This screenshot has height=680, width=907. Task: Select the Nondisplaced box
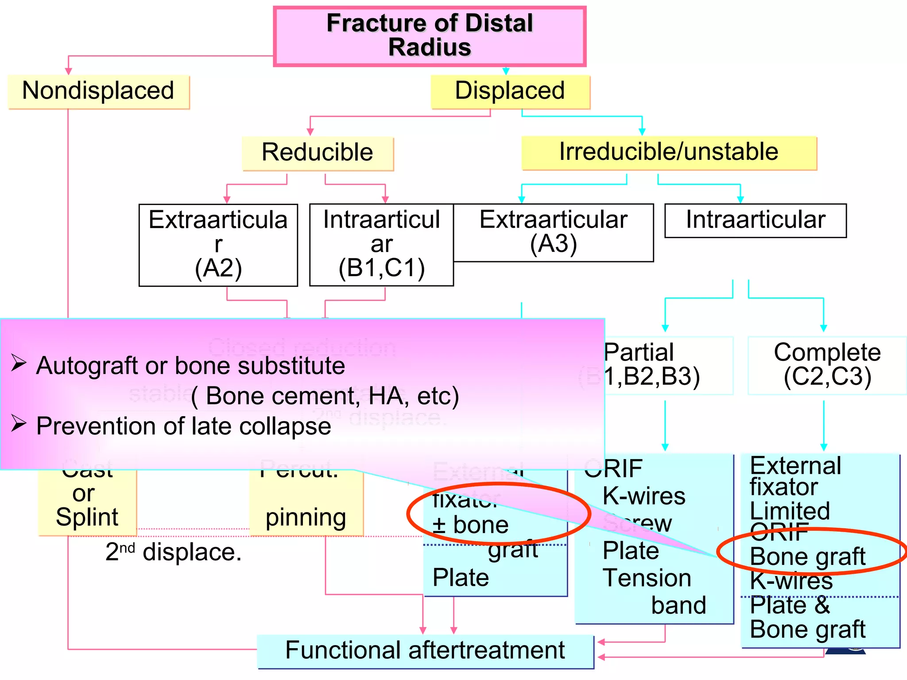98,91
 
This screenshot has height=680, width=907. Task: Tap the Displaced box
510,91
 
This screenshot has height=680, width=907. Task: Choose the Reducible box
318,153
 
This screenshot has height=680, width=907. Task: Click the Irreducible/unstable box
669,152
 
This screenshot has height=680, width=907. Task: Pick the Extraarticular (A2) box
218,244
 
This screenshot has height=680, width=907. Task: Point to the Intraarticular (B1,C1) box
381,244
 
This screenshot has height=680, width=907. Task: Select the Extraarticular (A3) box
554,232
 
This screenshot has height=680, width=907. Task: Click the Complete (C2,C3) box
827,365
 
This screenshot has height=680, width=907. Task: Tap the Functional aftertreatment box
425,651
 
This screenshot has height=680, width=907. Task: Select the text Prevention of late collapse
183,426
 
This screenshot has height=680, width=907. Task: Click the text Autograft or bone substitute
190,366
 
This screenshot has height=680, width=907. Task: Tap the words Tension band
653,591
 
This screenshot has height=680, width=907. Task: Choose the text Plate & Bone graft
807,618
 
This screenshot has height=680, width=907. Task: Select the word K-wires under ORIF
644,496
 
